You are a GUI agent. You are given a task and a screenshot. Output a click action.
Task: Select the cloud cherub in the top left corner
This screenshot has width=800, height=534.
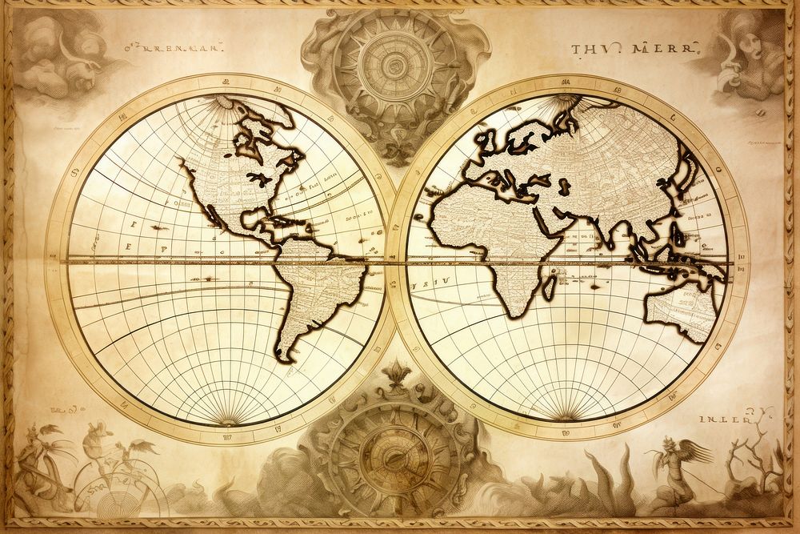click(48, 52)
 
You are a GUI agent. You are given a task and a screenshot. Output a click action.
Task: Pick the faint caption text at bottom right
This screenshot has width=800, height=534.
click(724, 417)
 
